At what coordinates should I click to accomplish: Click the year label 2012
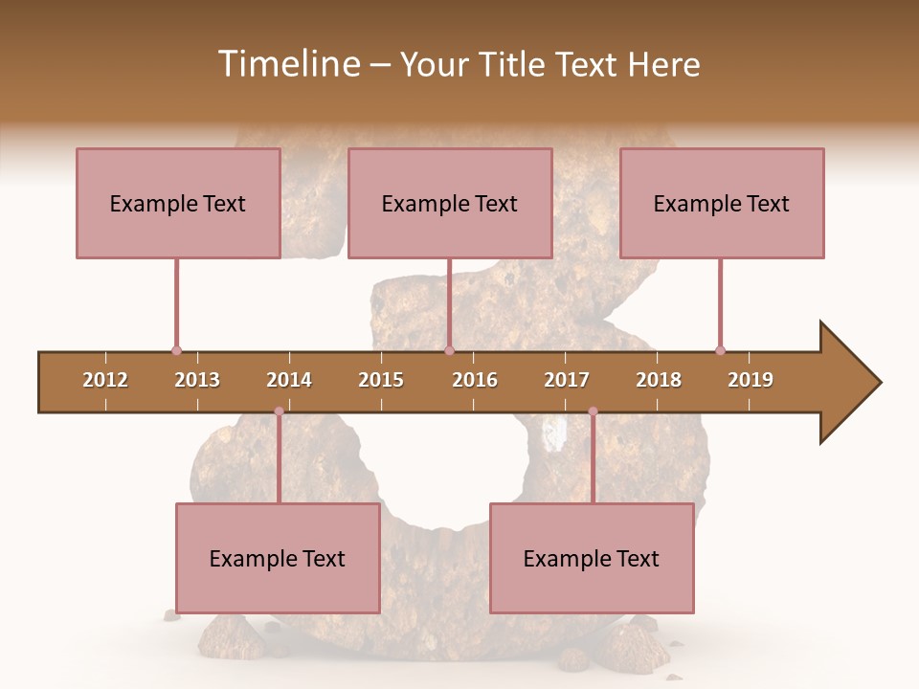pos(105,380)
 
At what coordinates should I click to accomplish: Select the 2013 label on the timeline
pos(197,380)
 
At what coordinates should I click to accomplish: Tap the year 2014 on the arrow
pos(289,380)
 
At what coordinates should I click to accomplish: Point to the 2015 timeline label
pos(381,380)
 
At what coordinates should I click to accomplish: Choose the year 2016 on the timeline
pos(475,380)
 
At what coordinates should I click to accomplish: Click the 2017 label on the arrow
pos(567,380)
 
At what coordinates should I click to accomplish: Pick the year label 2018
pos(659,380)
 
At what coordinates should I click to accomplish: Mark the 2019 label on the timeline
pos(751,380)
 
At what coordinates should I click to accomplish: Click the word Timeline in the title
pos(287,64)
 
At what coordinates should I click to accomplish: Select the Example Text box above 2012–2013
pos(178,203)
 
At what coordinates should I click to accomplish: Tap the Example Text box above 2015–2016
pos(450,203)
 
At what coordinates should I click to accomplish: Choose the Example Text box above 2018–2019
pos(722,203)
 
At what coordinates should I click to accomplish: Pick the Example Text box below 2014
pos(278,558)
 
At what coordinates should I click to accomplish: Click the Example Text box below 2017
pos(592,558)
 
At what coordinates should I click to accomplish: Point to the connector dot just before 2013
pos(176,350)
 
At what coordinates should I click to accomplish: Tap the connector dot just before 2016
pos(449,350)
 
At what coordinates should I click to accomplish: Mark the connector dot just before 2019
pos(720,350)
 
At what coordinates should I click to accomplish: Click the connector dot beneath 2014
pos(279,411)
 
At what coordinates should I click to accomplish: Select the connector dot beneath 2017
pos(593,411)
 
